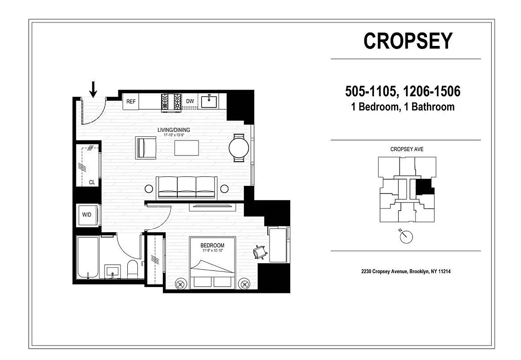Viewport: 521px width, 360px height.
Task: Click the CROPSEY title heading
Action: point(408,41)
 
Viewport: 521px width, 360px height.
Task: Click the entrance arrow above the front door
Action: point(93,89)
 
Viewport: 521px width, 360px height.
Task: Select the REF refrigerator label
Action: point(131,102)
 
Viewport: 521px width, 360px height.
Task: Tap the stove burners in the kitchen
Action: point(171,102)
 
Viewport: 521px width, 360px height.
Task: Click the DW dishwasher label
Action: point(190,102)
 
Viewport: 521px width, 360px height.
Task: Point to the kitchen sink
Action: point(209,102)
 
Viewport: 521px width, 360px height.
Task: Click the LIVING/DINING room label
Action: point(174,130)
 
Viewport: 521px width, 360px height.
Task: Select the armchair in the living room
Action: point(146,147)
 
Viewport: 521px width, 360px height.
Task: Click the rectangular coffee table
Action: point(187,148)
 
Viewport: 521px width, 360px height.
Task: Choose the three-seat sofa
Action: point(186,188)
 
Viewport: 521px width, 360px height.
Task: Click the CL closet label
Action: point(92,183)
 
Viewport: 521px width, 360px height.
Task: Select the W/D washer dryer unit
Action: point(87,215)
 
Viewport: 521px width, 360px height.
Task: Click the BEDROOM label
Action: point(212,246)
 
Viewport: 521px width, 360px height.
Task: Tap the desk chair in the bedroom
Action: point(259,253)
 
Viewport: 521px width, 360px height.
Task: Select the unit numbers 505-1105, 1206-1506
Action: point(402,92)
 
